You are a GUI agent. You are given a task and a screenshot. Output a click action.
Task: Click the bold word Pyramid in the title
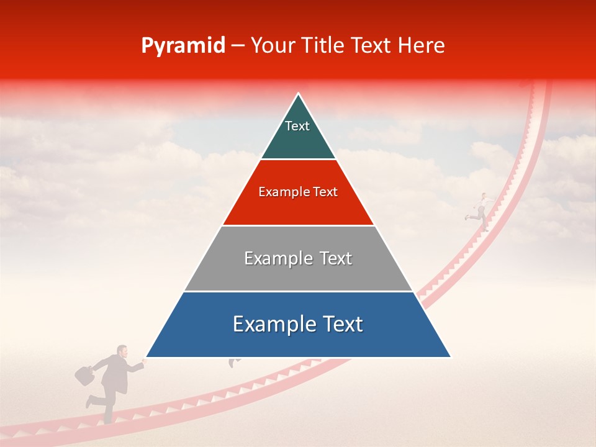coord(183,46)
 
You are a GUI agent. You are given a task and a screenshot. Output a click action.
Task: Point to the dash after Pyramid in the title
coord(237,47)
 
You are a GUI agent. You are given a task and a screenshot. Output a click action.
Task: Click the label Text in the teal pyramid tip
coord(297,126)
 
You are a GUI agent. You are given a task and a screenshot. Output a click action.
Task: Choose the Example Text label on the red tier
coord(298,192)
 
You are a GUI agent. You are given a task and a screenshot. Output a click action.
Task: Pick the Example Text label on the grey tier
coord(298,258)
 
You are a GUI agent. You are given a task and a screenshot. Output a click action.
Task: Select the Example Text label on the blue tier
coord(298,324)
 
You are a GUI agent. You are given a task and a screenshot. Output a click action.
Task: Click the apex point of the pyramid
coord(299,94)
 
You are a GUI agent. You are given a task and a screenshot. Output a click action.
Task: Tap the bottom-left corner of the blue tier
coord(147,357)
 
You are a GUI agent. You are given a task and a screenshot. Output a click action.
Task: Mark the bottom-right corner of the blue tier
coord(450,357)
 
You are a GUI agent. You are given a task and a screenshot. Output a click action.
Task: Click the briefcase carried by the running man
coord(84,374)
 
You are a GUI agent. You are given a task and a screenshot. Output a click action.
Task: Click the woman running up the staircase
coord(480,211)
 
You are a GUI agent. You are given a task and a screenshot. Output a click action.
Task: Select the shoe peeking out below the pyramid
coord(233,363)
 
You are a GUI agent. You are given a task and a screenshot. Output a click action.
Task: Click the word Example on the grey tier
coord(271,258)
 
